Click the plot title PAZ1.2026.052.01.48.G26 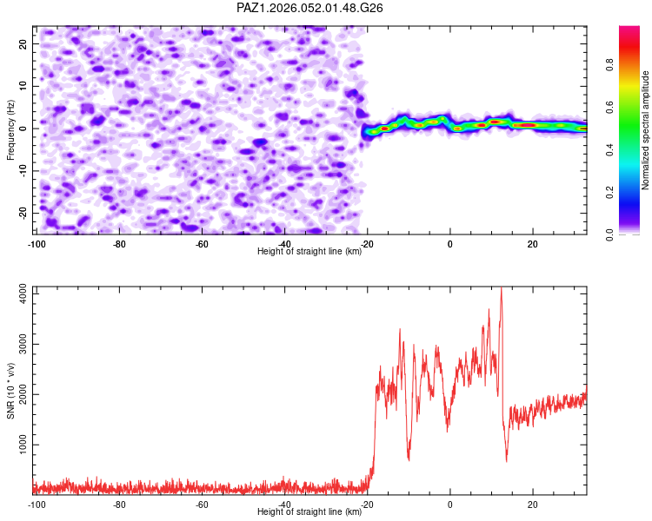[310, 8]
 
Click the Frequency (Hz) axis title [10, 129]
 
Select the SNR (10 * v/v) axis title [10, 390]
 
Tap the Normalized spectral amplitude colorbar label [646, 130]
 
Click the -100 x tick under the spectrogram [36, 244]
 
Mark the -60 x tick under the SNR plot [202, 505]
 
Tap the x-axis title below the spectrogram [309, 252]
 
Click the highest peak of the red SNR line [501, 288]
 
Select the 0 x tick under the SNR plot [449, 505]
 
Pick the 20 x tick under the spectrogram [532, 244]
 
